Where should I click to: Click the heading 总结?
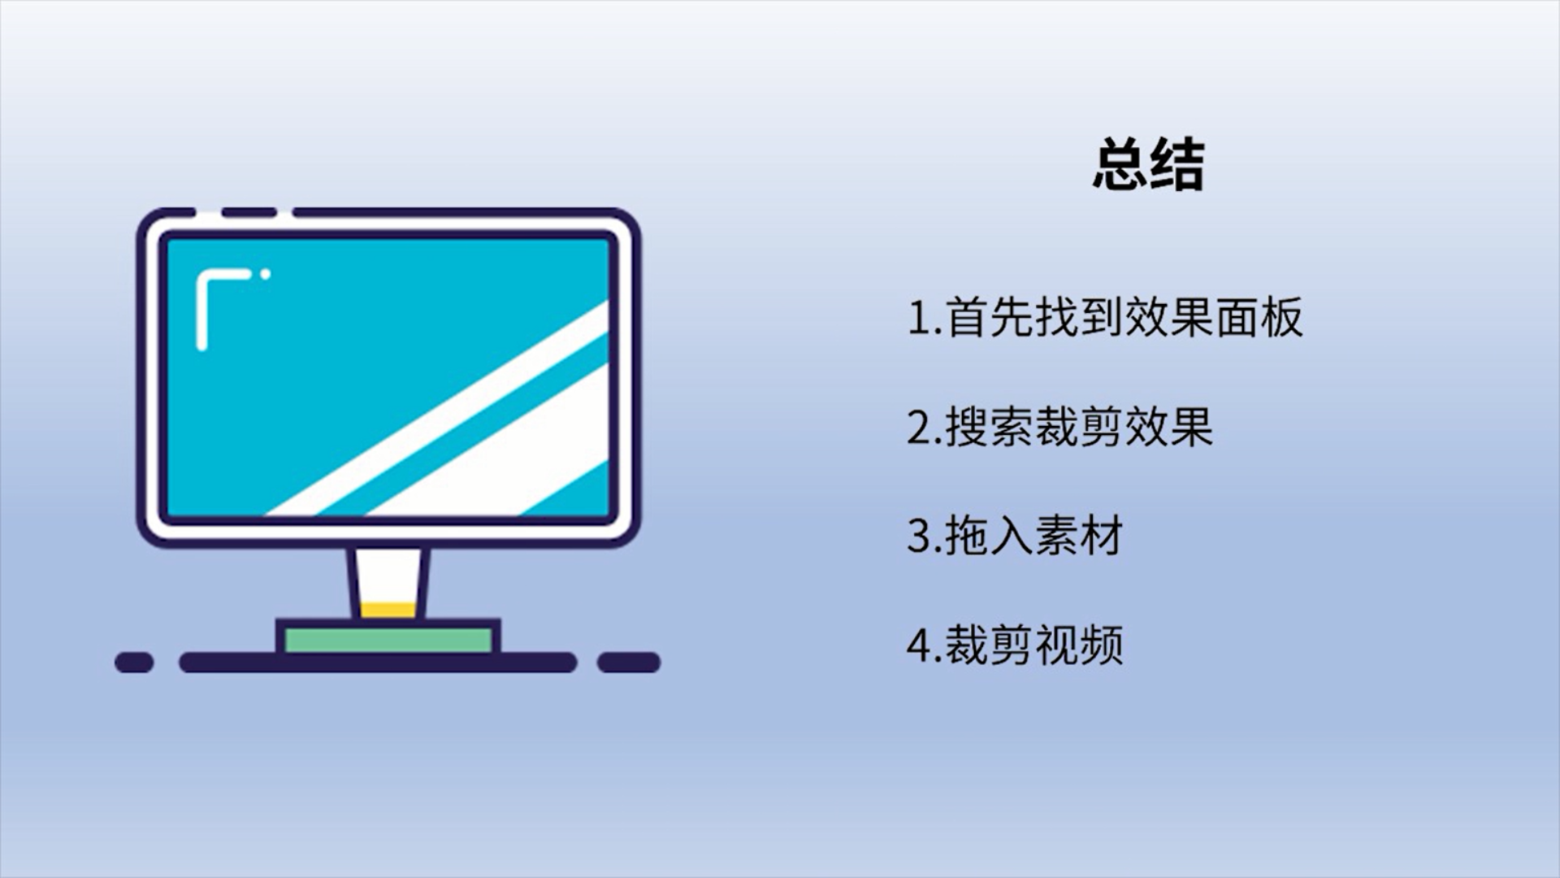[x=1148, y=165]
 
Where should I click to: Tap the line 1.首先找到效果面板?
[x=1105, y=317]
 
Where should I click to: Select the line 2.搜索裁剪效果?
[x=1060, y=426]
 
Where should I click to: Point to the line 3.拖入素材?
[x=1015, y=536]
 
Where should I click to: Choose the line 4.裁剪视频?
[x=1015, y=645]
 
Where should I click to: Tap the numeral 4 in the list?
[x=920, y=645]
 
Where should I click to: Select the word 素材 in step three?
[x=1079, y=536]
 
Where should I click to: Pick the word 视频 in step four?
[x=1079, y=645]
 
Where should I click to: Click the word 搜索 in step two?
[x=989, y=426]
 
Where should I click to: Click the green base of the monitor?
[x=388, y=640]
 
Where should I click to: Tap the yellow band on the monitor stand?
[x=388, y=610]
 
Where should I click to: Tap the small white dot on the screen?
[x=265, y=275]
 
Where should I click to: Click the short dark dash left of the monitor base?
[x=134, y=663]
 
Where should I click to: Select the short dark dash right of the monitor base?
[x=629, y=663]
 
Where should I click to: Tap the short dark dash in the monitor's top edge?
[x=249, y=213]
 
